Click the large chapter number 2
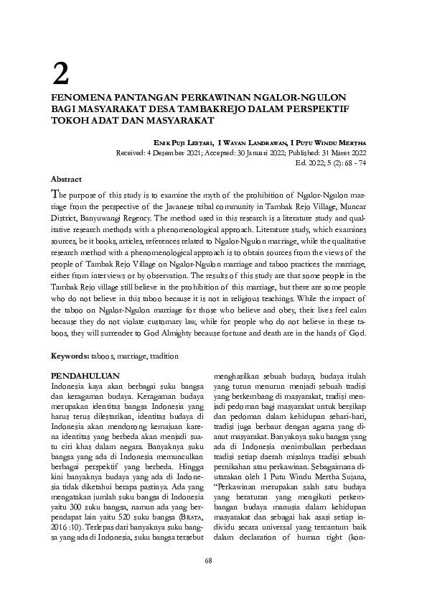pyautogui.click(x=62, y=72)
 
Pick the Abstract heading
pyautogui.click(x=66, y=178)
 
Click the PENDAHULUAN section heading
pyautogui.click(x=85, y=376)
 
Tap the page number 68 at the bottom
pyautogui.click(x=209, y=581)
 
